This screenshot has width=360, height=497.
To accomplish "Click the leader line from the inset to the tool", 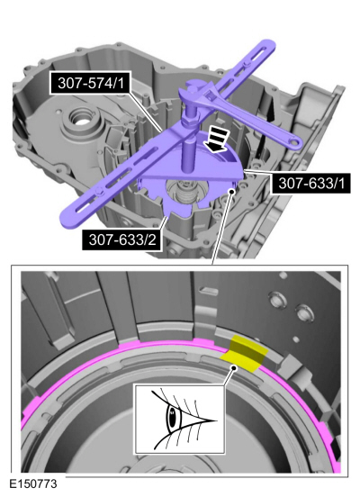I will coord(216,243).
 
